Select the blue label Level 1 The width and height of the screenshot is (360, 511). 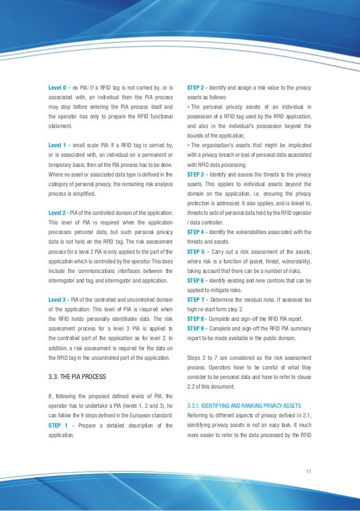click(58, 146)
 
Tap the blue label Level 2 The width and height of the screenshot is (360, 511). click(58, 212)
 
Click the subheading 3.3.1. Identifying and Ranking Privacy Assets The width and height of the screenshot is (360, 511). click(243, 406)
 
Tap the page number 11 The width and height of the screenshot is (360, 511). click(308, 472)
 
